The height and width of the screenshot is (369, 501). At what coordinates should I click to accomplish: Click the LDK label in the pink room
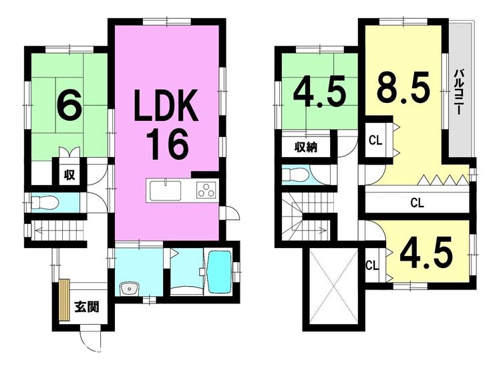(x=166, y=106)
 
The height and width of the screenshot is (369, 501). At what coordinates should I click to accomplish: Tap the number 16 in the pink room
(x=168, y=144)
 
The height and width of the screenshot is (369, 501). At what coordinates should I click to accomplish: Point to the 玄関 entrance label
(x=87, y=307)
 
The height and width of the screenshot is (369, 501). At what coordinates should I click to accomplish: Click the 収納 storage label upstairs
(x=306, y=147)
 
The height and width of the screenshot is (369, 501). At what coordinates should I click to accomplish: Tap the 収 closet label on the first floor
(x=69, y=174)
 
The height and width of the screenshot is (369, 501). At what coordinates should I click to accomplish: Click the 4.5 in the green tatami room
(x=320, y=92)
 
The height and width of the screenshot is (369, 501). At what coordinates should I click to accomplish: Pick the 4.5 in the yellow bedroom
(x=426, y=253)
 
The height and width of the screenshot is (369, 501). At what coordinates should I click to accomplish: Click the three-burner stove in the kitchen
(x=206, y=189)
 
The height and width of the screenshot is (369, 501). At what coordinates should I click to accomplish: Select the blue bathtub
(x=219, y=272)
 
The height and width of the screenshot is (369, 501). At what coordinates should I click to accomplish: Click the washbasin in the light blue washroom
(x=129, y=289)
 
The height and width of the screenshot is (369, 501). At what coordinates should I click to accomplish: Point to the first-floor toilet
(x=45, y=202)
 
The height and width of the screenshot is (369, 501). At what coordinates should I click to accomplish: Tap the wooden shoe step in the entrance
(x=64, y=299)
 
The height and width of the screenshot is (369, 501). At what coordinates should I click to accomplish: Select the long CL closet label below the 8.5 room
(x=417, y=203)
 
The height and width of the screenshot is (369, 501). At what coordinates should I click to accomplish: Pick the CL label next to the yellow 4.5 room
(x=372, y=265)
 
